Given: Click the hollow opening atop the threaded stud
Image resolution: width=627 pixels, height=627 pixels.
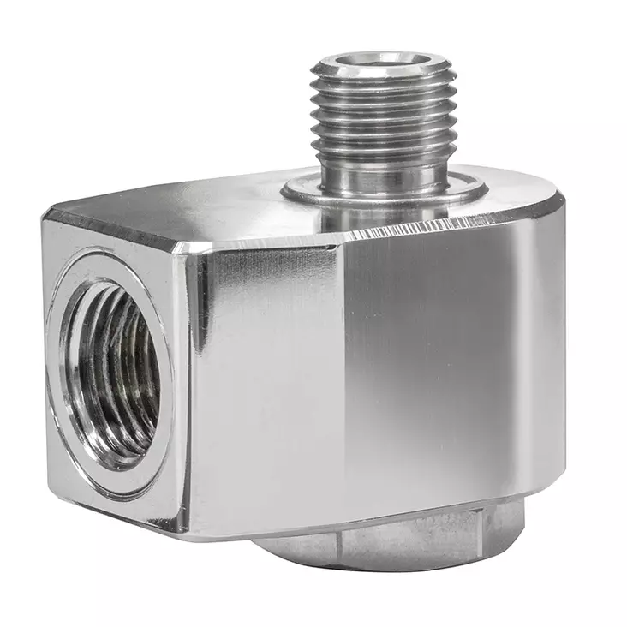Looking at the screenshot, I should click(x=382, y=62).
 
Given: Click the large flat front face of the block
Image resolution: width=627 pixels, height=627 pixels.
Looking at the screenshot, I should click(x=360, y=368).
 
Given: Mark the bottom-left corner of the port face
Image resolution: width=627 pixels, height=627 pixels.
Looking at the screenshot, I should click(x=51, y=497).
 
